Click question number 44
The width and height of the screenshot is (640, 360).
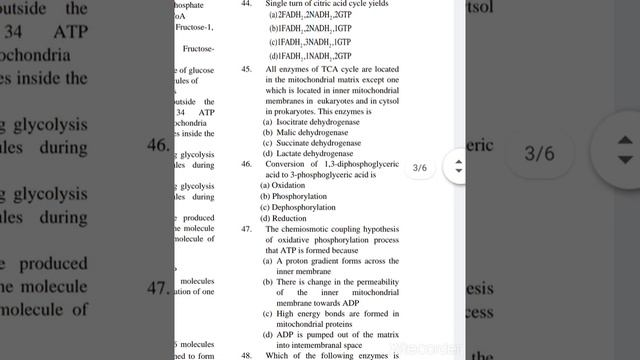[x=246, y=5]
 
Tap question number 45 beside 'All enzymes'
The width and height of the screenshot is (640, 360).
[x=246, y=70]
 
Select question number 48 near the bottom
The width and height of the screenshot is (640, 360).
[x=246, y=355]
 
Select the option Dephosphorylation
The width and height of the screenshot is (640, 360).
[x=296, y=207]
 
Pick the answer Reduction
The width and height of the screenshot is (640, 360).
[x=288, y=218]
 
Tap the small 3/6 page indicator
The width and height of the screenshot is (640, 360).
[x=420, y=168]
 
